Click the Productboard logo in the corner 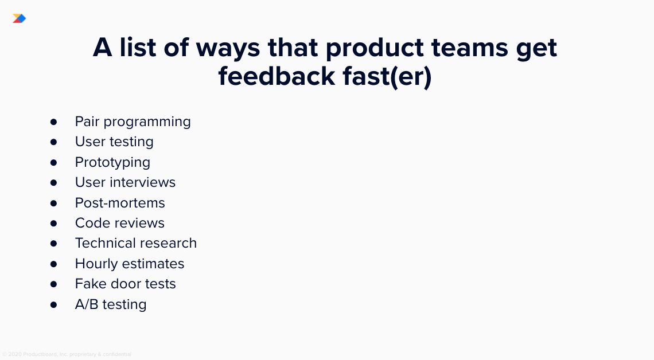19,18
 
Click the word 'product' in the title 375,47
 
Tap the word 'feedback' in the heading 277,76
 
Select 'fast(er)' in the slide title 387,77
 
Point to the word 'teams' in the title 470,48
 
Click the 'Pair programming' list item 133,122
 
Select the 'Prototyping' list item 112,162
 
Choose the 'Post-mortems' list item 120,202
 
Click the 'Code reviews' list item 120,223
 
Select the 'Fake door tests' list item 126,284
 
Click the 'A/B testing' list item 111,304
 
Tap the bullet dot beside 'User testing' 53,142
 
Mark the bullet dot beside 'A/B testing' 53,304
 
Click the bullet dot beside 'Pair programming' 53,122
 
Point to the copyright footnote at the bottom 67,354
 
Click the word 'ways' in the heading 228,48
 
